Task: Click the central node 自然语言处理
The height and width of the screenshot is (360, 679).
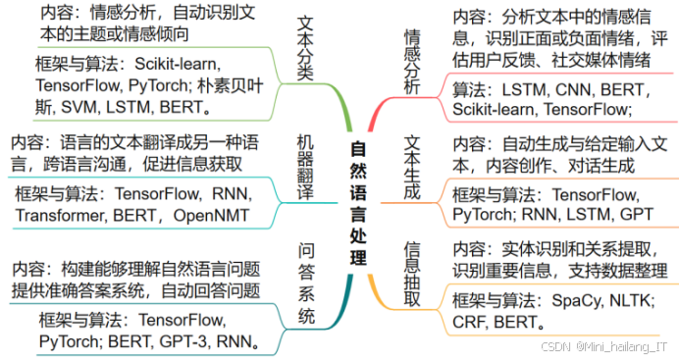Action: [x=359, y=204]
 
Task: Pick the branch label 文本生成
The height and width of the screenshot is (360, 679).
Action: [x=412, y=167]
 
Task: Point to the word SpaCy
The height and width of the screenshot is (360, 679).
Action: [x=578, y=299]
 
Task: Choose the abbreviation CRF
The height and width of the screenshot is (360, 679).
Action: [x=471, y=322]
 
